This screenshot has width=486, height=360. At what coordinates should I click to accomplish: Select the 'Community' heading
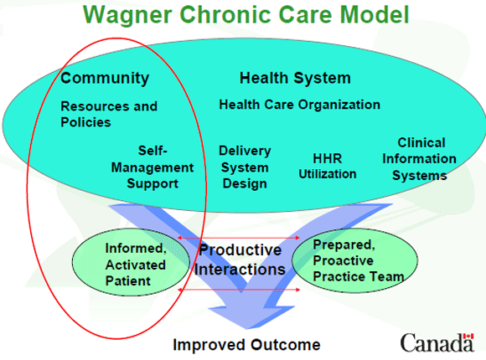tap(105, 78)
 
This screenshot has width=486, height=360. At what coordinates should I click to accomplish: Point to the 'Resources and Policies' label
tap(108, 115)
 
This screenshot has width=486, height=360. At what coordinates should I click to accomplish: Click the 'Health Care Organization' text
tap(299, 105)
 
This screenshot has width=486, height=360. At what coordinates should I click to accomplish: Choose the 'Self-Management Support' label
tap(152, 167)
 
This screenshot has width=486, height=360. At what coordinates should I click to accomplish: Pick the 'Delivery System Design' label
tap(245, 167)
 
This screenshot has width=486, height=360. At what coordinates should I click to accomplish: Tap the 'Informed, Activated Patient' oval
tap(135, 264)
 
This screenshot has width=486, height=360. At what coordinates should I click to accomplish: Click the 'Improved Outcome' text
tap(246, 344)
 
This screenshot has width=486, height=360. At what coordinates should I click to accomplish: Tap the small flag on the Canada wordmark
tap(468, 334)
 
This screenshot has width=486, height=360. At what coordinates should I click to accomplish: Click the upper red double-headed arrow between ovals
tap(238, 239)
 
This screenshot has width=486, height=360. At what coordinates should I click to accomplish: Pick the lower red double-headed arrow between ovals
tap(238, 289)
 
